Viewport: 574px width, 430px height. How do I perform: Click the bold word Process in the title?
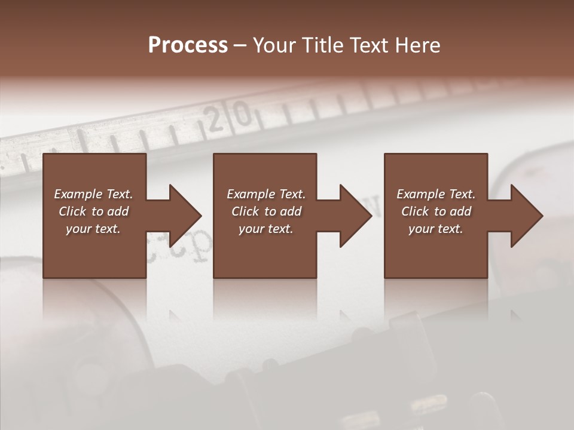188,45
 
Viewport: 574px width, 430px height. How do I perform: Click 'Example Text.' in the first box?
93,194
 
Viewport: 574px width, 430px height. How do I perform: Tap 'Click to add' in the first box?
93,211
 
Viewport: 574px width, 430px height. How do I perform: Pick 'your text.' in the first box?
93,229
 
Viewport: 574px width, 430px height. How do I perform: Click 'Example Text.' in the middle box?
266,194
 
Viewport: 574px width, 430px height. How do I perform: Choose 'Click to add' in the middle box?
266,211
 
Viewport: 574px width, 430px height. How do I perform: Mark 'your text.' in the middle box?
266,229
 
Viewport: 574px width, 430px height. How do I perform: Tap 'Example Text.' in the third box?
436,194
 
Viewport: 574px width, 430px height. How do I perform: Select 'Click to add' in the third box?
436,211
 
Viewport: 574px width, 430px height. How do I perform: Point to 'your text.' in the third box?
436,229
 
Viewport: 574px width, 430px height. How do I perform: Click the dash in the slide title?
240,46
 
